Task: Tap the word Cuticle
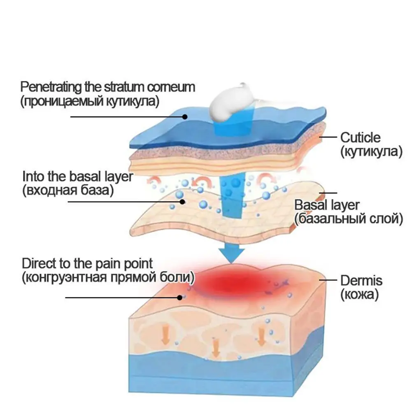[360, 137]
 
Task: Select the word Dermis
[361, 281]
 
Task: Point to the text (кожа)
[359, 295]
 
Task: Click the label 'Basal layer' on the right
[327, 205]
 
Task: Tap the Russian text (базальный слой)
[348, 219]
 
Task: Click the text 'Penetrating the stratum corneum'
[108, 87]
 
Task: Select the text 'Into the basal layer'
[77, 177]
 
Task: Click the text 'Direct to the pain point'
[87, 263]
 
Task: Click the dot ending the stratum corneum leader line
[185, 116]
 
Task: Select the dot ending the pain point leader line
[179, 297]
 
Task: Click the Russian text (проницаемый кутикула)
[88, 101]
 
